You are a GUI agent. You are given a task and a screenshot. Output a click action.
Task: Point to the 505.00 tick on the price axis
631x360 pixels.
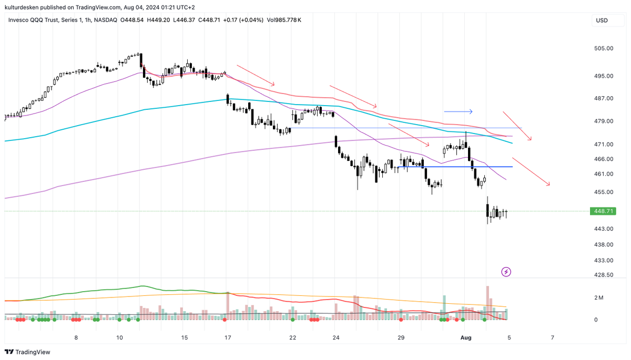point(603,48)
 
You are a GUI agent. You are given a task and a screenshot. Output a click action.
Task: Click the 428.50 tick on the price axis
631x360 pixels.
point(603,275)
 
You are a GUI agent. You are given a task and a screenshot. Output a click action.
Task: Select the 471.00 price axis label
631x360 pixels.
point(603,144)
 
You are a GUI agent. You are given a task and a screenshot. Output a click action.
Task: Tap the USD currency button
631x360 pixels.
point(602,20)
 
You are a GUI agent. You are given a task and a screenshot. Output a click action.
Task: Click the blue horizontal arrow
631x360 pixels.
point(458,111)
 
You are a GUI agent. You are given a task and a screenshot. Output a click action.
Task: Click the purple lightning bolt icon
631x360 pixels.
point(506,272)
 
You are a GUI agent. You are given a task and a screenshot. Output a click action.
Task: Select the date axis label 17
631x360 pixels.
point(227,337)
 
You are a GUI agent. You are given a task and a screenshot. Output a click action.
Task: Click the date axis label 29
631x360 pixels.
point(401,337)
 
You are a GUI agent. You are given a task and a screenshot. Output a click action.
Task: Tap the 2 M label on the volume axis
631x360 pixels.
point(598,298)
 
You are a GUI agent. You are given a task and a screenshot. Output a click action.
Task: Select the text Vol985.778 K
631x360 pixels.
point(284,20)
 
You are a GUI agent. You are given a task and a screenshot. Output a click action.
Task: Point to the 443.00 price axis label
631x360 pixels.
point(603,229)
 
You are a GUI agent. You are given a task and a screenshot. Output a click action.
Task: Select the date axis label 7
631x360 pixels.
point(552,337)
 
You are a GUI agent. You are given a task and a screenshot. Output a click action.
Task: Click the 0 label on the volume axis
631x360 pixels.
point(596,320)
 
